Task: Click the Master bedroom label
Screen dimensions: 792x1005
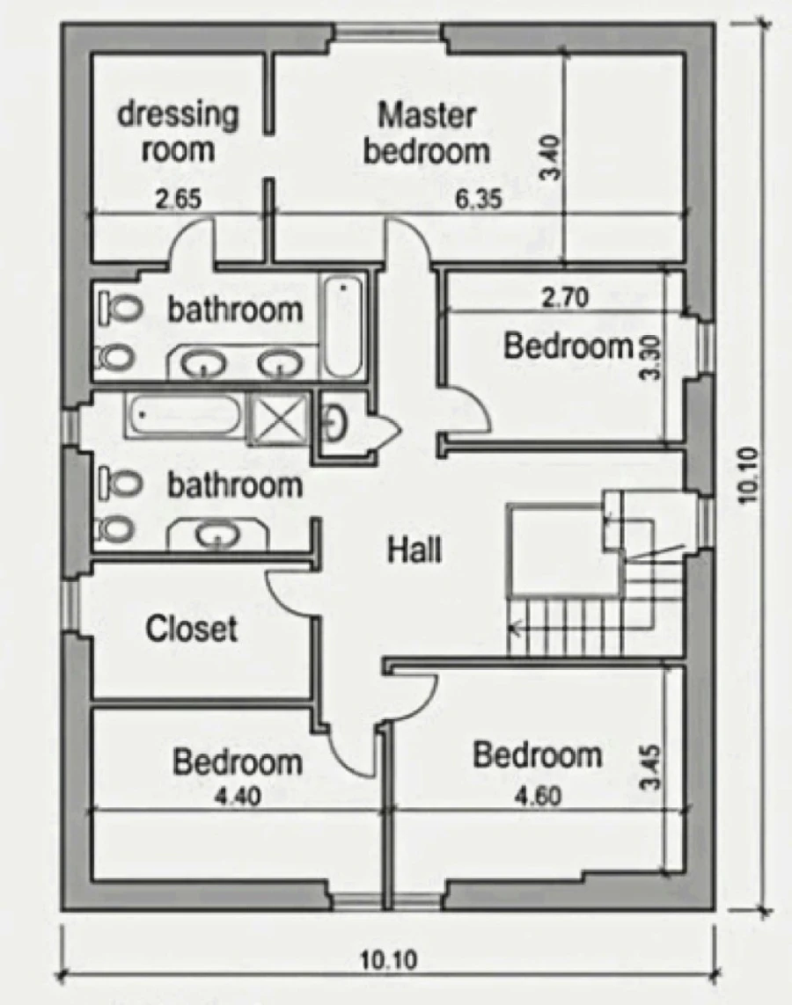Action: click(427, 134)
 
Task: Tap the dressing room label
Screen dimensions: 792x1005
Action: click(178, 132)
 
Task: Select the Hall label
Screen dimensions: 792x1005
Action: click(414, 550)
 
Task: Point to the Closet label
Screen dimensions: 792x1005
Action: click(191, 628)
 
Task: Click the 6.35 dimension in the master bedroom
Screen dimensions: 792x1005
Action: click(479, 200)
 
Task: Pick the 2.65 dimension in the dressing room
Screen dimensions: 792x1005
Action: click(179, 200)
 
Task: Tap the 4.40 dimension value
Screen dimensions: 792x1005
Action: click(238, 796)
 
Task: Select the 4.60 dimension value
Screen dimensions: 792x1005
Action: click(539, 796)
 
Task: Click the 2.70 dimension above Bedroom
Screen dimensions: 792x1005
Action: click(564, 298)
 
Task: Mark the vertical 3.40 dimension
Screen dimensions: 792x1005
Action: click(552, 157)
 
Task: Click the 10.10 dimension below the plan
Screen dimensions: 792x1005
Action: click(389, 960)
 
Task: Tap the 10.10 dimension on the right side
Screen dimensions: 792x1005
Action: click(748, 475)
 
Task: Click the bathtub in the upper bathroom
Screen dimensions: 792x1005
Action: click(342, 327)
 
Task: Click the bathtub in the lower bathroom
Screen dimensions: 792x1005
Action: click(183, 417)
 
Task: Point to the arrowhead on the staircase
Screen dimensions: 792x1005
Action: click(514, 628)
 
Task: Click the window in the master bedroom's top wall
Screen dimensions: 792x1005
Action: click(388, 31)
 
